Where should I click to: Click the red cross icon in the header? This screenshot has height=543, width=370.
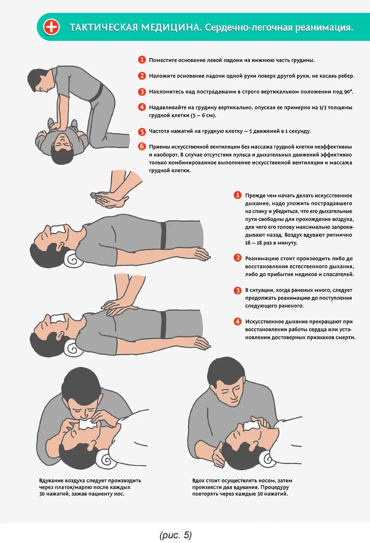coord(51,27)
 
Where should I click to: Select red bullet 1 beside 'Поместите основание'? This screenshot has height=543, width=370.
coord(142,60)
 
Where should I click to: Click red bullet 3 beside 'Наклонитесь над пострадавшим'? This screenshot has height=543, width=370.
coord(142,91)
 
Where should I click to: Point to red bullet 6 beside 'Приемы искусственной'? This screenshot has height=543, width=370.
coord(142,146)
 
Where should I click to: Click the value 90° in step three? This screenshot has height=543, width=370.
coord(348,91)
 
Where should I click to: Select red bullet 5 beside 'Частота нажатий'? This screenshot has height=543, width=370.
coord(142,131)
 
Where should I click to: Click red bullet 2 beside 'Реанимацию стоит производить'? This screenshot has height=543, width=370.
coord(238,258)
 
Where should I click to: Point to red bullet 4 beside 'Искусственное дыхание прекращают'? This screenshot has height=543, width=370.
coord(238,321)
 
